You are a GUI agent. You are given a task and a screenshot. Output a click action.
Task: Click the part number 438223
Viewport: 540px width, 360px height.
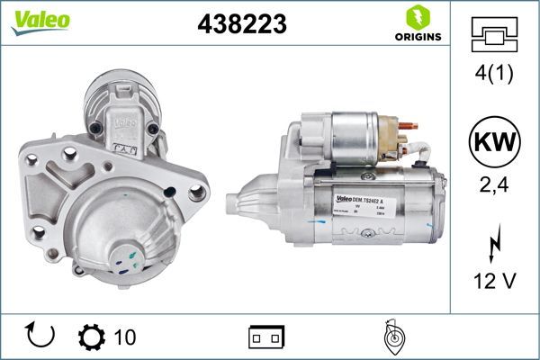[x=241, y=26]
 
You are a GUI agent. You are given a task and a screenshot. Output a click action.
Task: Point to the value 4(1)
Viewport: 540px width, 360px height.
[x=494, y=75]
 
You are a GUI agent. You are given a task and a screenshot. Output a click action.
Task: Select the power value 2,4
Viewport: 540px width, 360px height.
[x=494, y=187]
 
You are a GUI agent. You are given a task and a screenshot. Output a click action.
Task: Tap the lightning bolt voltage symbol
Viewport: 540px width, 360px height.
[x=494, y=243]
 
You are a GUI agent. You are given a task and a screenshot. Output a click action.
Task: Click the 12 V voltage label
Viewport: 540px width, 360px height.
[x=494, y=281]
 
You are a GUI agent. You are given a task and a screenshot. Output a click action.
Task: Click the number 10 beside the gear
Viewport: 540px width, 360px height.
[x=125, y=337]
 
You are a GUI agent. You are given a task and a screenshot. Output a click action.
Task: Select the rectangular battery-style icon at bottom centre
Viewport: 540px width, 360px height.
[x=266, y=337]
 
